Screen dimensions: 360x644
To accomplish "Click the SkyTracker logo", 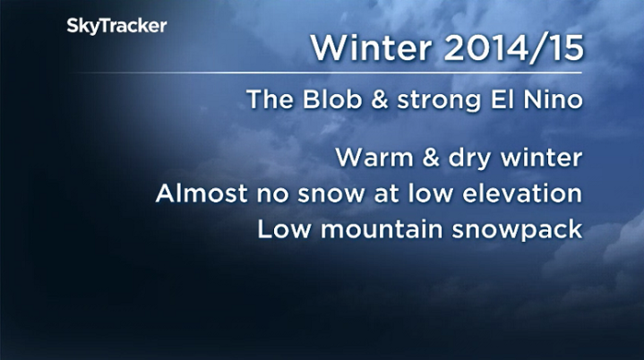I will coord(116,27).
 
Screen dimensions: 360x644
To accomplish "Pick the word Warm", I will coord(370,159).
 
